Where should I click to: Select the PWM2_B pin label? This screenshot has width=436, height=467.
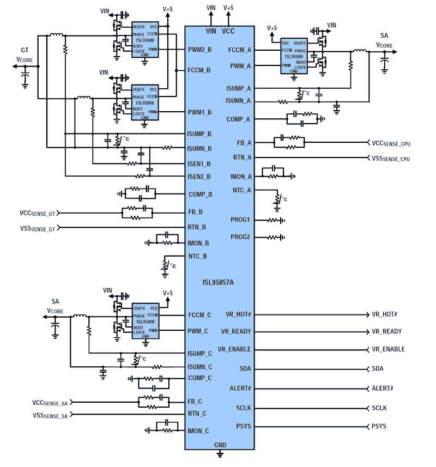[199, 50]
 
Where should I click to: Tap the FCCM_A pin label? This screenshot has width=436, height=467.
[240, 50]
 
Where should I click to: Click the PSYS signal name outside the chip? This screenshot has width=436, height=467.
[379, 426]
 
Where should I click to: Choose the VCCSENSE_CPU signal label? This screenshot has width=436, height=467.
[391, 143]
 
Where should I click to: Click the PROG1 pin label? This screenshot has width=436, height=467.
[240, 220]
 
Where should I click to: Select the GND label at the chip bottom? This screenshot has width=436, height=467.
[220, 445]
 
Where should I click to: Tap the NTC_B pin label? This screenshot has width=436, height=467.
[197, 256]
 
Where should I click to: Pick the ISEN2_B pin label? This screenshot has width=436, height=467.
[199, 176]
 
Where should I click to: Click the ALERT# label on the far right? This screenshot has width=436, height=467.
[383, 388]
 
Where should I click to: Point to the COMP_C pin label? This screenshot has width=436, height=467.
[200, 378]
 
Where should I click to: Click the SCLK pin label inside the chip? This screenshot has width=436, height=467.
[243, 408]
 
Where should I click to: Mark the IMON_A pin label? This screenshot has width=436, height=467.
[241, 176]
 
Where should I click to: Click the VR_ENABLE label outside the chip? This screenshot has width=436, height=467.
[388, 349]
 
